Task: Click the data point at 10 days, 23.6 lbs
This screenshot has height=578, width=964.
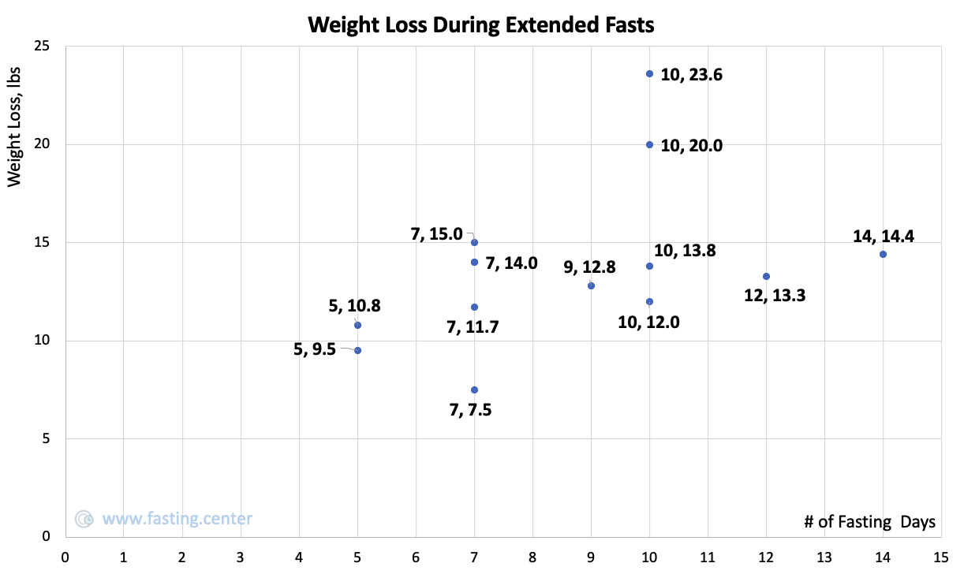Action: click(649, 73)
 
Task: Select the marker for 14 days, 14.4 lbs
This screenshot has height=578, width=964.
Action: click(883, 254)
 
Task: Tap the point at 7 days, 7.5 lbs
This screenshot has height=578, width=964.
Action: click(474, 390)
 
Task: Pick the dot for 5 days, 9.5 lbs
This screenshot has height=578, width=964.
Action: click(357, 350)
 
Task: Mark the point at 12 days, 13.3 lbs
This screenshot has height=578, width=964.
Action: click(766, 276)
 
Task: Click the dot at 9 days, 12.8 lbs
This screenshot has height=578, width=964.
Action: click(591, 285)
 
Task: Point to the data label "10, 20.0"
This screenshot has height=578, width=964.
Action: click(691, 146)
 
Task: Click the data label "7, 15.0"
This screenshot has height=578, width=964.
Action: click(437, 234)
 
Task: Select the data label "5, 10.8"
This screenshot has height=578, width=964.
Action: click(355, 305)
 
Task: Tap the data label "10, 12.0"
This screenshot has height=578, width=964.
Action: click(648, 322)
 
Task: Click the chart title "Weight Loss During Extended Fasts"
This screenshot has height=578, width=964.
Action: click(481, 25)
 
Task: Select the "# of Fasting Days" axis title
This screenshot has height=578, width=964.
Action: click(869, 522)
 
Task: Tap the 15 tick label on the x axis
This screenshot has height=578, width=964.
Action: click(940, 558)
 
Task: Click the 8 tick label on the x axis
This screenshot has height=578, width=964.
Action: click(532, 558)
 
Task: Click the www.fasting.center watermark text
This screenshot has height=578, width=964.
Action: click(177, 519)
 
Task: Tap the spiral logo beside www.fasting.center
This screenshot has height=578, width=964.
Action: click(84, 519)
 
